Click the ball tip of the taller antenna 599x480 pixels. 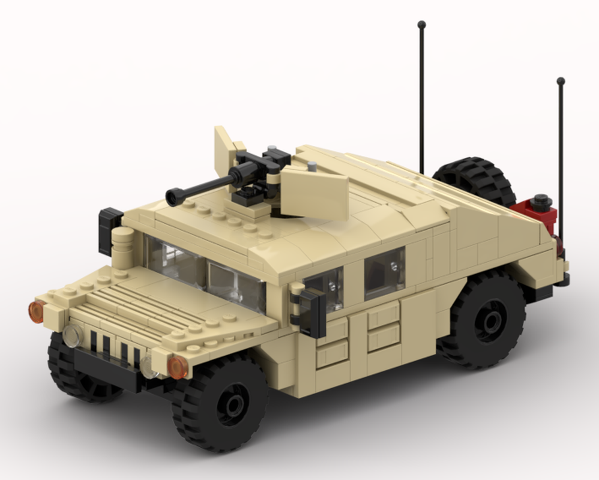coord(421,25)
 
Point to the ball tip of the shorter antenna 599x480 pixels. coord(561,81)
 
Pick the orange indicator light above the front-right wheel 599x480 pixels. coord(177,367)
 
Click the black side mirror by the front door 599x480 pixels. coord(313,312)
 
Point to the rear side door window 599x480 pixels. coord(384,272)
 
